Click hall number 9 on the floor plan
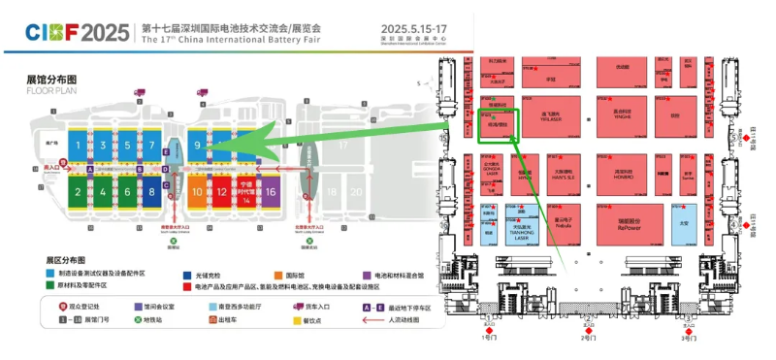pos(197,147)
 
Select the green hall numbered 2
pos(80,192)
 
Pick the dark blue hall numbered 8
pos(151,192)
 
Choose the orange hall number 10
pos(197,192)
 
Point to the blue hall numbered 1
pos(80,147)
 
